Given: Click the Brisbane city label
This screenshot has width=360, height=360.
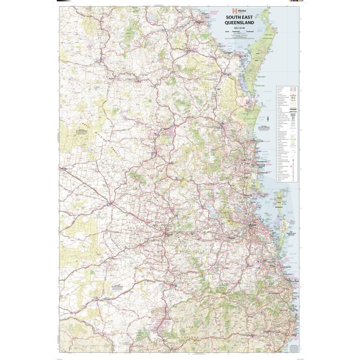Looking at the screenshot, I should pyautogui.click(x=254, y=226).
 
